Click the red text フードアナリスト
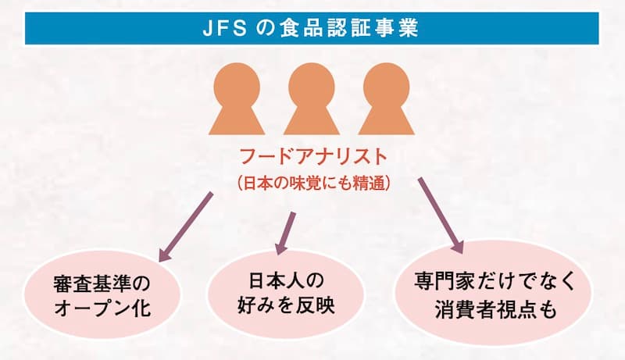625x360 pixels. (x=312, y=158)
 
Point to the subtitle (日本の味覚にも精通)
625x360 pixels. (x=312, y=185)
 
